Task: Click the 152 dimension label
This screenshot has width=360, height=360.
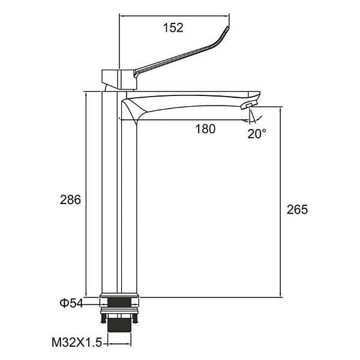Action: pos(173,28)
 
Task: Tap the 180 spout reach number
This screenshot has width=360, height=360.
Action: pos(205,129)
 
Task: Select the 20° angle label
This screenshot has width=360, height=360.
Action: pos(257,133)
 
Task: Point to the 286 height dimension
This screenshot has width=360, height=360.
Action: pos(70,200)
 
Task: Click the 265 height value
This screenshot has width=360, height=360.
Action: pos(297,209)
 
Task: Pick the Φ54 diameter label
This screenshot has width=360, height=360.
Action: pos(71,303)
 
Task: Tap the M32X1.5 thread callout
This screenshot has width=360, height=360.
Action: pos(76,343)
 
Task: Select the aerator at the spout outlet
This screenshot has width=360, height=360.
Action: pos(249,105)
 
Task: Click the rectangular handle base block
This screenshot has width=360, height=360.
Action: pos(119,79)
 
